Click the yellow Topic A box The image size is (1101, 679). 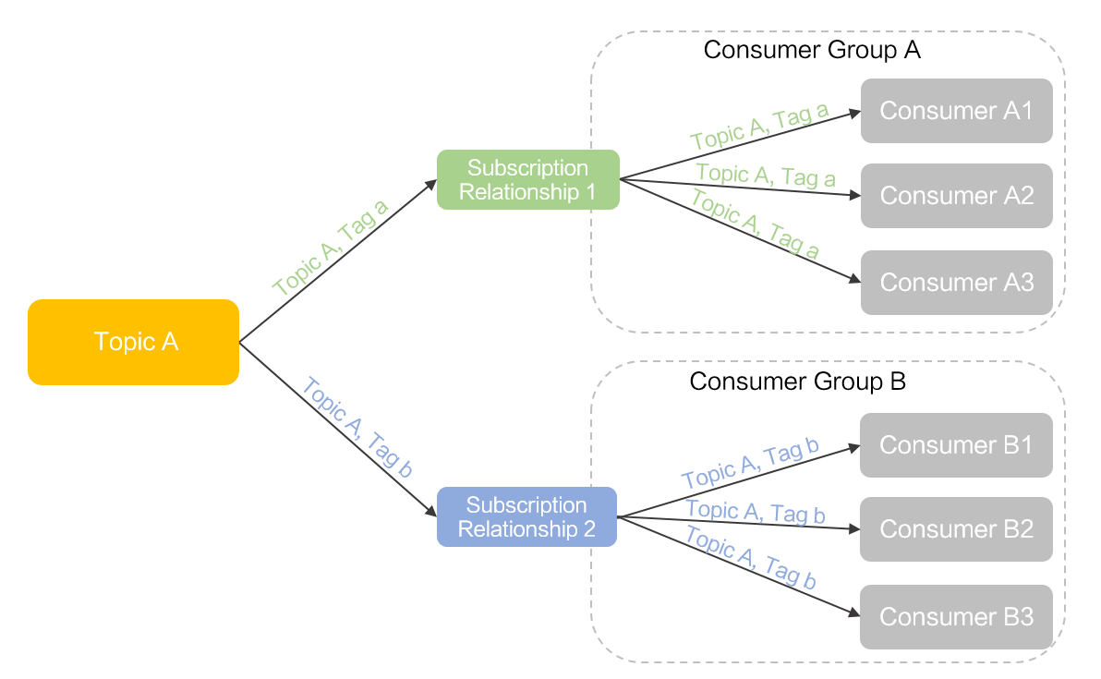point(134,342)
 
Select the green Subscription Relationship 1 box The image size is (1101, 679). point(527,180)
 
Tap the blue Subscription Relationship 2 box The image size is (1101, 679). point(526,516)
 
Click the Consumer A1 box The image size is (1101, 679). point(956,111)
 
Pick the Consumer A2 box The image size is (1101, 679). point(956,196)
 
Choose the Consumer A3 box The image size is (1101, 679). point(956,282)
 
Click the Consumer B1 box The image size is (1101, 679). point(956,444)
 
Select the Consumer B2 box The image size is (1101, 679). point(956,529)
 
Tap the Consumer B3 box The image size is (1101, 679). point(956,616)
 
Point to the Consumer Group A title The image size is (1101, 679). point(812,50)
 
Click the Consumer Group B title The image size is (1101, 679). point(798,381)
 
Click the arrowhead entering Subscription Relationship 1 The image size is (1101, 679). point(430,185)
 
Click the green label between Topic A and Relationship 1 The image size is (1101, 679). point(331,247)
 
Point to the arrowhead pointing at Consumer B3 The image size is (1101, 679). point(853,612)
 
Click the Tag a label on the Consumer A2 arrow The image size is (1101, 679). point(766,176)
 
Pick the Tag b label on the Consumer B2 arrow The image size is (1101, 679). point(755,513)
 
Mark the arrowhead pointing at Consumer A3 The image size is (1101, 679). point(853,279)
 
